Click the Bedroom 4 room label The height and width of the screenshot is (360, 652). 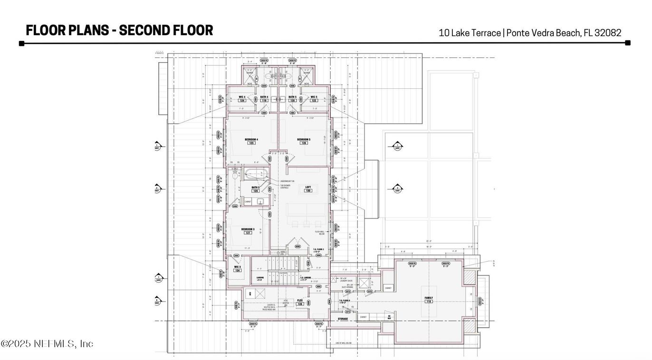tap(250, 139)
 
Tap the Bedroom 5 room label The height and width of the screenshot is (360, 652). tap(304, 139)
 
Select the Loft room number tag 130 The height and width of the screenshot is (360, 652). tap(308, 191)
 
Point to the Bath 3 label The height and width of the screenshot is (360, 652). tap(256, 188)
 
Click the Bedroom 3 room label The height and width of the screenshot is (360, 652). tap(248, 229)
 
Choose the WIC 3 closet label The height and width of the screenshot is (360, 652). tap(237, 266)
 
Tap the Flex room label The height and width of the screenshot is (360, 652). tap(300, 301)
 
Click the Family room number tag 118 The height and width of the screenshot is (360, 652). tap(429, 302)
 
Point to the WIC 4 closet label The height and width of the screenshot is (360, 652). tap(241, 97)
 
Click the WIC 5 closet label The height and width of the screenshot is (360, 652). tap(314, 97)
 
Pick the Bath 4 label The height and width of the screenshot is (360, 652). tap(264, 97)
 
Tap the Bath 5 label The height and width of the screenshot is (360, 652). tap(292, 97)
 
